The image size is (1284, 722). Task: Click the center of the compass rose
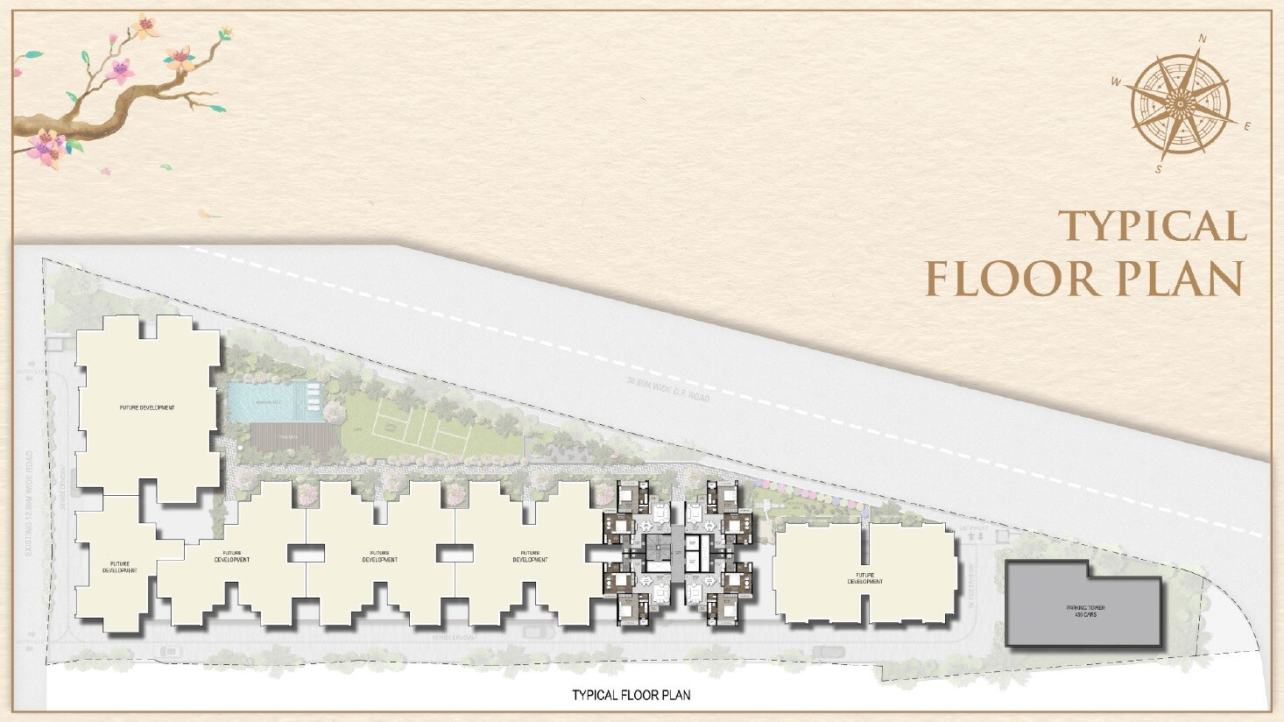pos(1180,103)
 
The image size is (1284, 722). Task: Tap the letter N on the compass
pos(1203,39)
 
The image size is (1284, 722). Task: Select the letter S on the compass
pos(1158,169)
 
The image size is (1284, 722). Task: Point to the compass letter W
pos(1116,81)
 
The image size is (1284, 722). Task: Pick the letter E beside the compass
pos(1247,126)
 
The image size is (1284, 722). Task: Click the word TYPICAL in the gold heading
pos(1152,226)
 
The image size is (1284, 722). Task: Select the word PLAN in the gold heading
pos(1189,280)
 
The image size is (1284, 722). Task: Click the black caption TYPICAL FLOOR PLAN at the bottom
pos(631,695)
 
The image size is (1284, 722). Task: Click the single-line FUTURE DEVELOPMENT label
pos(147,407)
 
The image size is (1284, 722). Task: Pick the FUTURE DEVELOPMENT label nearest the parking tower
pos(864,578)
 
